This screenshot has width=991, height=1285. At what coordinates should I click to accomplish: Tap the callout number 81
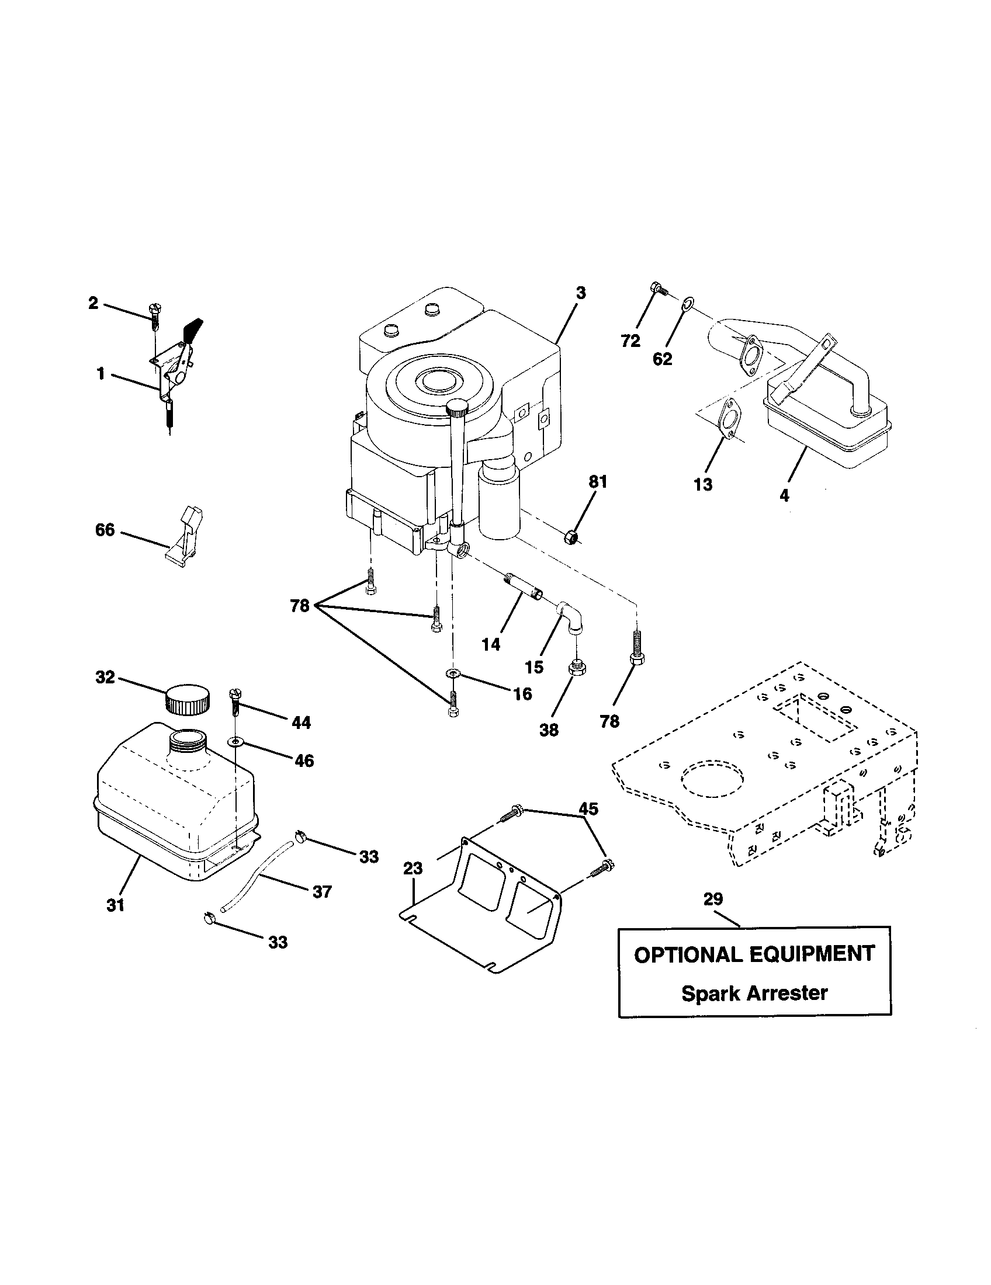point(598,481)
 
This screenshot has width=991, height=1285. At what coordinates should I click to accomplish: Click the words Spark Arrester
point(754,993)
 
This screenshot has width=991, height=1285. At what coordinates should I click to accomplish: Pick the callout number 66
point(105,530)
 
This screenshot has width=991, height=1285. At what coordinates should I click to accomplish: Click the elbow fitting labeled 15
point(571,617)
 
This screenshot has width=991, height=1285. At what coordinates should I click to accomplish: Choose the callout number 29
point(713,899)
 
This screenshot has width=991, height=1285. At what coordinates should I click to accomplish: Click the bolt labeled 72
point(658,289)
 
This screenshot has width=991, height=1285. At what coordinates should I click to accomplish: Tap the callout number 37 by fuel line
point(322,892)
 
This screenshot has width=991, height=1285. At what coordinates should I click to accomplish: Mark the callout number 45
point(588,809)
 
